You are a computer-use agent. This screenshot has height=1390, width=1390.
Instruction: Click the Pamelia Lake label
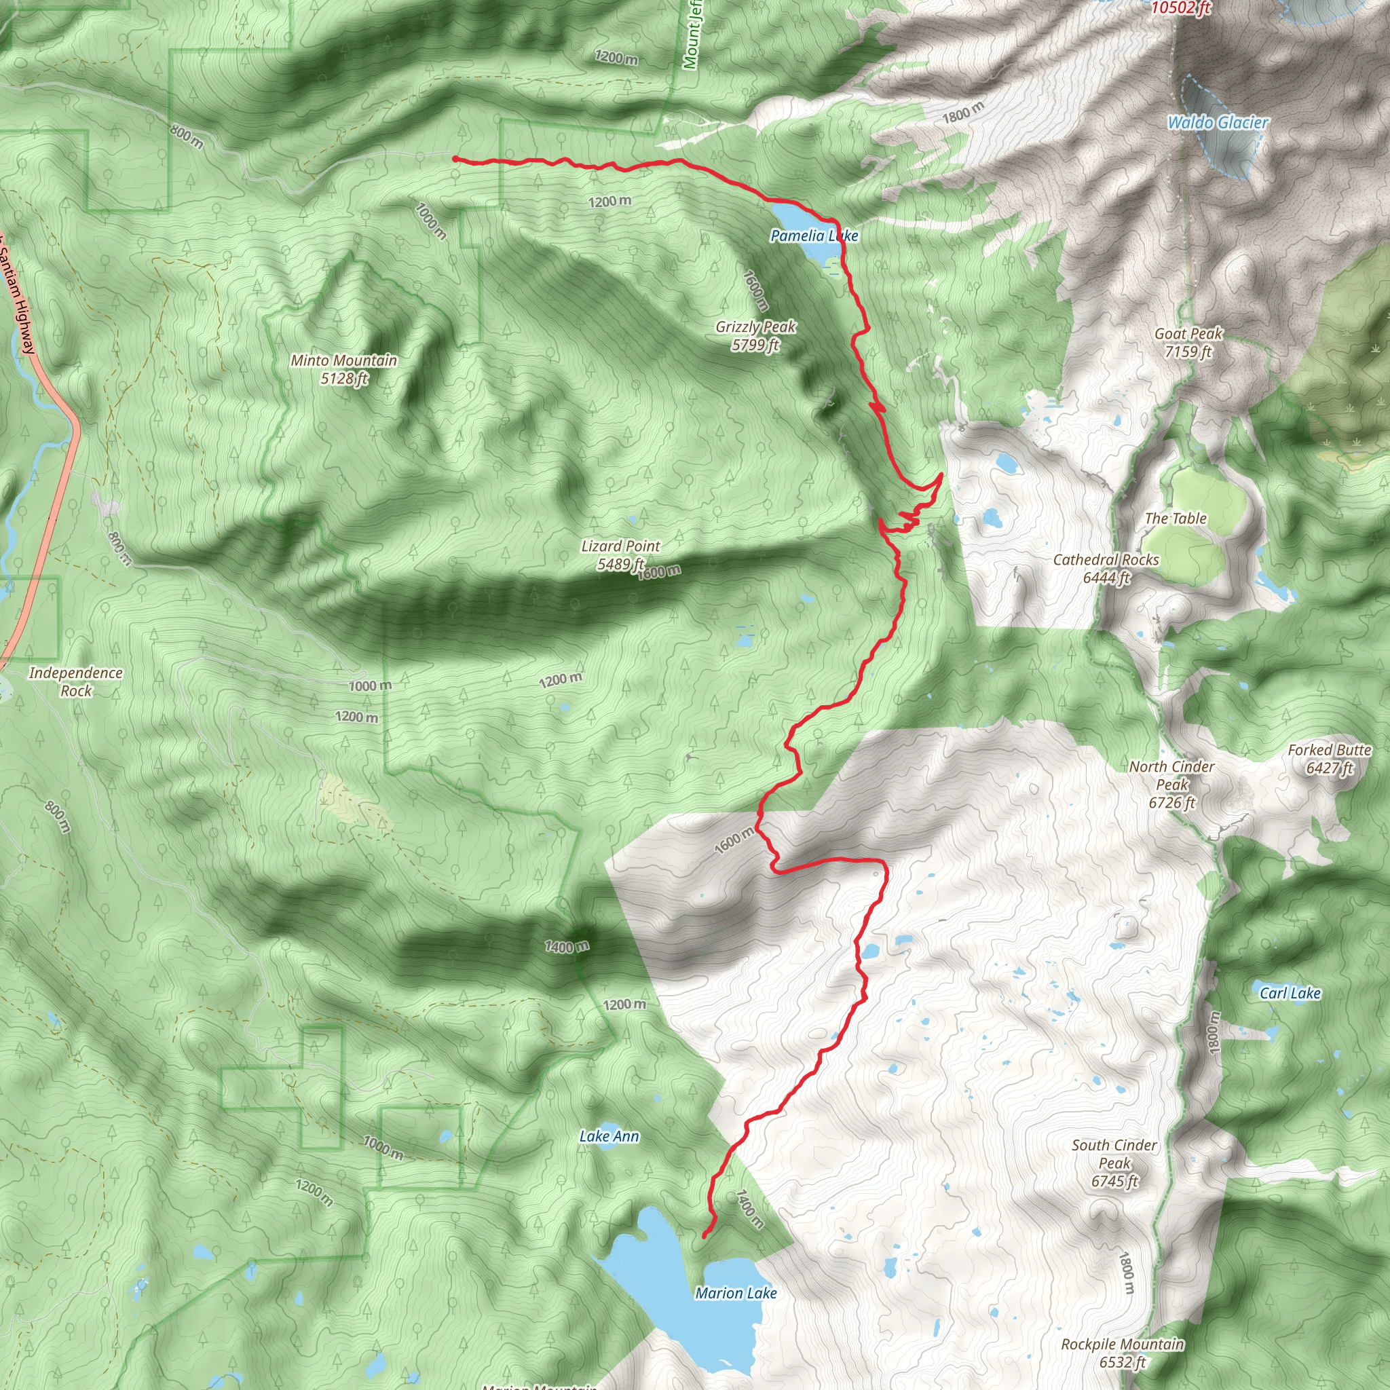coord(814,236)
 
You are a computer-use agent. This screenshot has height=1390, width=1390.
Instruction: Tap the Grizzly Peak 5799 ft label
coord(755,336)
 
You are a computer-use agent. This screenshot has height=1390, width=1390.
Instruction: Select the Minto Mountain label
coord(344,369)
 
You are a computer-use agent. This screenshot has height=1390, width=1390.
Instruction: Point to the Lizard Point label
coord(621,555)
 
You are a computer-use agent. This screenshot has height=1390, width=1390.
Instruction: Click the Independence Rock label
coord(75,681)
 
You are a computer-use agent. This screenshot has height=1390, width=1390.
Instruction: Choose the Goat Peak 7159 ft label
coord(1188,343)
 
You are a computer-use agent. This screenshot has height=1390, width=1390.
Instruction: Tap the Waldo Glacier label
coord(1218,122)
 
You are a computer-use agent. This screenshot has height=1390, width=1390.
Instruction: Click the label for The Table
coord(1175,518)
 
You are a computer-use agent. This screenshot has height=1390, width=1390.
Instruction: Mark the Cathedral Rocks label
coord(1106,568)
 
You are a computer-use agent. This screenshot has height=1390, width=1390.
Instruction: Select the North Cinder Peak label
coord(1171,784)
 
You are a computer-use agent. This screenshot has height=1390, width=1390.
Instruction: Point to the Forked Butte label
coord(1330,759)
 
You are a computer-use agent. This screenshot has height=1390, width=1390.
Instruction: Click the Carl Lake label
coord(1290,993)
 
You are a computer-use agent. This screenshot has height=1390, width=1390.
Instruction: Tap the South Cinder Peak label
coord(1114,1163)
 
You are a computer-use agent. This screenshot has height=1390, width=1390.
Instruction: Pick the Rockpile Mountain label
coord(1123,1353)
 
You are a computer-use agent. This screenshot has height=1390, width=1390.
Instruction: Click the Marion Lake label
coord(735,1293)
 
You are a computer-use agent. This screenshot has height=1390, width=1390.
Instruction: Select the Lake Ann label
coord(609,1136)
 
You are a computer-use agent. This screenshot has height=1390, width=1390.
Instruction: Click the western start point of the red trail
coord(455,159)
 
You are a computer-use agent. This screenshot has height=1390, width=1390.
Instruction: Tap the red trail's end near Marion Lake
coord(704,1236)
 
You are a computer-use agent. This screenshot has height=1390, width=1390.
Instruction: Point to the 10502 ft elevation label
coord(1181,8)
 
